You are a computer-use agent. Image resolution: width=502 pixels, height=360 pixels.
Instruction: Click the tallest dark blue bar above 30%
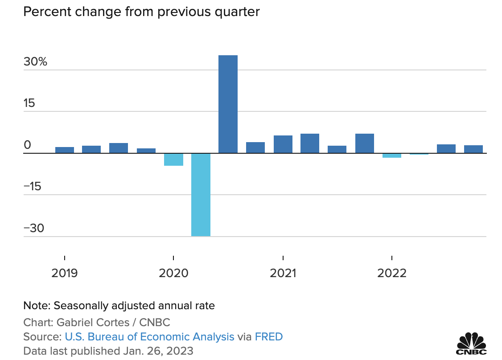point(228,104)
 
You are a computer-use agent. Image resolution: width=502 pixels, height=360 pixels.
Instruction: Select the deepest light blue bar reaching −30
point(201,194)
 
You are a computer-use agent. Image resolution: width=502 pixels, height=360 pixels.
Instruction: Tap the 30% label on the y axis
point(35,62)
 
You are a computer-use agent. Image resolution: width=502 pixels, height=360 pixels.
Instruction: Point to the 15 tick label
point(29,103)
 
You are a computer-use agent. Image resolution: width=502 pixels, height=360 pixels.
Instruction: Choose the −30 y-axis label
point(34,228)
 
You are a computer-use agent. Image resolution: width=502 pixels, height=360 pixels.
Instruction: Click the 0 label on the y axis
point(27,145)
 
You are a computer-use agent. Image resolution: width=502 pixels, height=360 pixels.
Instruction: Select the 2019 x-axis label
point(65,273)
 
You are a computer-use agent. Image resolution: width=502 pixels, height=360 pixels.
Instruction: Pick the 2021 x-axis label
point(283,273)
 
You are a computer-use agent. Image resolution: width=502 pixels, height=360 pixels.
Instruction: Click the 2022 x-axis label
point(392,273)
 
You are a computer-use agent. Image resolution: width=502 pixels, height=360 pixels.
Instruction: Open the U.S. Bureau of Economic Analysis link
point(149,336)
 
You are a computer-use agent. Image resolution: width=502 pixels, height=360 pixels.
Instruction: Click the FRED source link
point(268,336)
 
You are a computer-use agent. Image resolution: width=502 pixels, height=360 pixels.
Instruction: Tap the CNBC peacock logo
point(472,342)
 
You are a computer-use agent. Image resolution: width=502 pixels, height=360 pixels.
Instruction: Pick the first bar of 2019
point(65,150)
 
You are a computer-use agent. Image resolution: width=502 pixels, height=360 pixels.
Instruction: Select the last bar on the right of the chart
point(473,149)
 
